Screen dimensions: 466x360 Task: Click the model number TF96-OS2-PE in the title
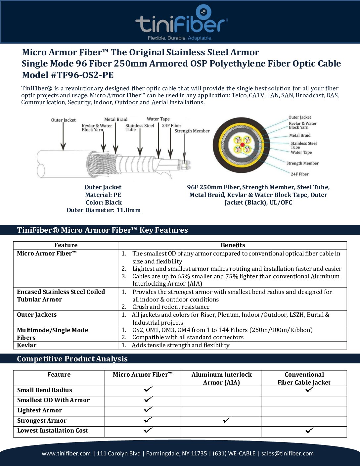point(82,75)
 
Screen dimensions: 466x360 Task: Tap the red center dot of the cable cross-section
point(243,145)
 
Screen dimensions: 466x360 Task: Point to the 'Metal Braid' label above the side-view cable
point(116,119)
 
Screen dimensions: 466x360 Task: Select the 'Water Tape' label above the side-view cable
point(158,119)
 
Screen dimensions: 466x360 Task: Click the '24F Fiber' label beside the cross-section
point(299,174)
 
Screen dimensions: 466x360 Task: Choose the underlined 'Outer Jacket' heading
point(103,187)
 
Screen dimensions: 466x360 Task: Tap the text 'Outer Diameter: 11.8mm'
point(104,210)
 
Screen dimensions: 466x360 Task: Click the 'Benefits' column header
point(233,245)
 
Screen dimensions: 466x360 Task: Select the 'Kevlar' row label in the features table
point(27,345)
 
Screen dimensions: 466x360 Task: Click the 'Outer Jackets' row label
point(37,315)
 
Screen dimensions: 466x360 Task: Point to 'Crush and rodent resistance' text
point(171,307)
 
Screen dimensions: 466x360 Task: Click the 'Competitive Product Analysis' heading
point(72,359)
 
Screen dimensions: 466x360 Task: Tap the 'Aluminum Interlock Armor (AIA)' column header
point(221,378)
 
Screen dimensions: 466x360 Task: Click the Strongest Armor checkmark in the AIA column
point(227,420)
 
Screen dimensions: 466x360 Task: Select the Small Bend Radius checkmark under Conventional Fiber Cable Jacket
point(310,389)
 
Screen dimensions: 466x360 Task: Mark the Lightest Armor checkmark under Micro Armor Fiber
point(148,410)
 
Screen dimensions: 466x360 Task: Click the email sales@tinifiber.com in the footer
point(287,453)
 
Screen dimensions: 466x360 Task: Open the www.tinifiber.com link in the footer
point(66,453)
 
